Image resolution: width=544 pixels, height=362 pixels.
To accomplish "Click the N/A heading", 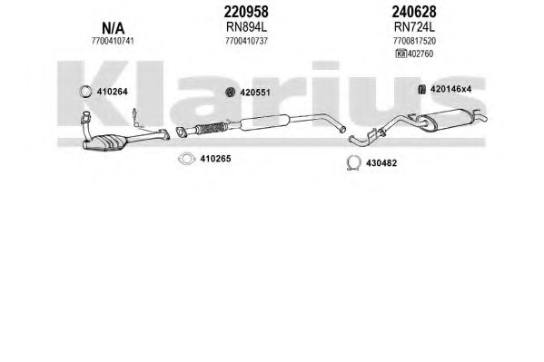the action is pos(113,28).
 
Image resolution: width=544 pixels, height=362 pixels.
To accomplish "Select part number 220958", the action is pos(246,12).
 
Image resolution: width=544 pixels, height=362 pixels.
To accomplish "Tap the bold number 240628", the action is pos(414,12).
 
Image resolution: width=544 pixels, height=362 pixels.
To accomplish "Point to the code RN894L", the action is pos(246,26).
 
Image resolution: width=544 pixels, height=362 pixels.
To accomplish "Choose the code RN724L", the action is pos(414,26).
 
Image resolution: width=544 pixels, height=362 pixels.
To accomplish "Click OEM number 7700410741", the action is pos(113,41).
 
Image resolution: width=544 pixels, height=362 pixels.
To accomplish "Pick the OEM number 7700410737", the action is pos(246,41).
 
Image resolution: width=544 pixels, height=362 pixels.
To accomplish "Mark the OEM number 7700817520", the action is pos(414,41).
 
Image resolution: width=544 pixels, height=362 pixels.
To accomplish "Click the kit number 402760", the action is pos(420,54).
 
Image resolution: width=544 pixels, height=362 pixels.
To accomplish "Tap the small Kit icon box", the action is pos(401,54).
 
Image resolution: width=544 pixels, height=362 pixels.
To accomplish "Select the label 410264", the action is pos(112,92).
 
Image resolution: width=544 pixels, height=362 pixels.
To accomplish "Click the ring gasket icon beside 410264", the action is pos(85,92).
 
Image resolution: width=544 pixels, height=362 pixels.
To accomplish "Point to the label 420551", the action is pos(255,93).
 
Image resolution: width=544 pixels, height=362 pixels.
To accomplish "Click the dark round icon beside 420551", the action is pos(231,93).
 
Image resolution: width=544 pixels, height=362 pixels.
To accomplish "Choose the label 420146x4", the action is pos(450,89).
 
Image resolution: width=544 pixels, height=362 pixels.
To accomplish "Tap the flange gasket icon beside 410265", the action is pos(186,159).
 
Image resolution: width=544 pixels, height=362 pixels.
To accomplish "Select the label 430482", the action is pos(381,163).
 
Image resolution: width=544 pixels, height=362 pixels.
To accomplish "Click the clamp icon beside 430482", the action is pos(353,163).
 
